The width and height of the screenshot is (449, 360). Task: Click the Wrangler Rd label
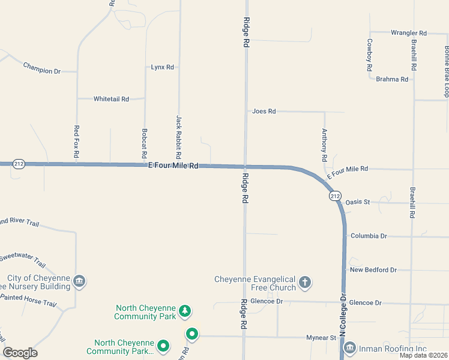coord(408,33)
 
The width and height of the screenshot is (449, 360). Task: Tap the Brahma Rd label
coord(392,79)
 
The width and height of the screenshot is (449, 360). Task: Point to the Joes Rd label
coord(264,112)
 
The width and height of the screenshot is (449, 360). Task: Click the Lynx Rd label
coord(162,67)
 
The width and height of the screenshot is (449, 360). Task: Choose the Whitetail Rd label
coord(111,99)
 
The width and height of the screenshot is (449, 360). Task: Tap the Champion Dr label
coord(42,68)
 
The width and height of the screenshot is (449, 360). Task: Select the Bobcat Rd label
coord(144,140)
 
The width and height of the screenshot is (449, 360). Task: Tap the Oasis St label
coord(358,202)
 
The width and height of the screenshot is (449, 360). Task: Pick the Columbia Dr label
coord(369,236)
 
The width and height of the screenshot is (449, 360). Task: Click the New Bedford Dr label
coord(373,270)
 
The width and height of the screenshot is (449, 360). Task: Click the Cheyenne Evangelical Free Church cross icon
coord(305,282)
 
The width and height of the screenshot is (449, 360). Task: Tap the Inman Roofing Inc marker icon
coord(349,348)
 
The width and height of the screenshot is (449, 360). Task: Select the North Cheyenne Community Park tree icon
coord(186,311)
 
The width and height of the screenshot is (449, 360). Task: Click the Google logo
coord(20,353)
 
